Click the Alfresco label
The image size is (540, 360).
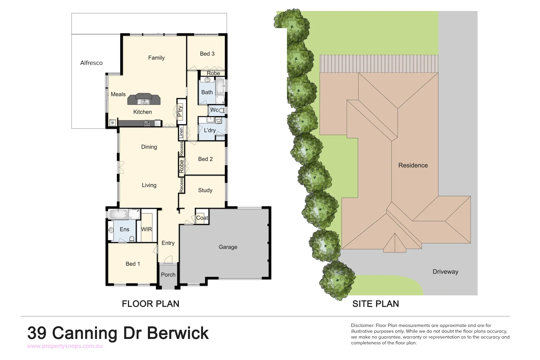click(91, 63)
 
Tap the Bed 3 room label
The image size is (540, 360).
click(207, 54)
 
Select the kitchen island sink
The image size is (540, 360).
click(144, 102)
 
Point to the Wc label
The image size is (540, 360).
click(214, 110)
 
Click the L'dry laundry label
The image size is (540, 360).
click(210, 130)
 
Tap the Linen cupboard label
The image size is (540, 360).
click(181, 133)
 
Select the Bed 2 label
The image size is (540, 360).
click(205, 159)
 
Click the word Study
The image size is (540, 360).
click(205, 190)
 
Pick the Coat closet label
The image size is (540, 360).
click(202, 218)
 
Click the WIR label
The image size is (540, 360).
click(146, 229)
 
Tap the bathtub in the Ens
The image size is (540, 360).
click(118, 214)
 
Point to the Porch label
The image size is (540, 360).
click(168, 275)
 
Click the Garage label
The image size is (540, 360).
click(228, 247)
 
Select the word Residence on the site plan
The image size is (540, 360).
click(413, 165)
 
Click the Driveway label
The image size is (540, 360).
click(445, 272)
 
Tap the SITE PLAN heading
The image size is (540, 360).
click(376, 304)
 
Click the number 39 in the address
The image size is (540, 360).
click(37, 333)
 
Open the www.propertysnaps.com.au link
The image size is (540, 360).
click(65, 346)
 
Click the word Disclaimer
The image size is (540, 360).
click(362, 325)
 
